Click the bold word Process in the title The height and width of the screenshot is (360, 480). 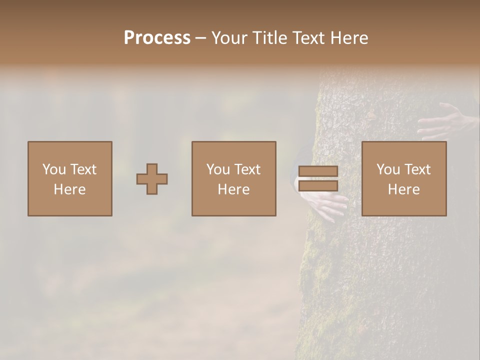(x=157, y=38)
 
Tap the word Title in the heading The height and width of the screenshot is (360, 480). (x=270, y=38)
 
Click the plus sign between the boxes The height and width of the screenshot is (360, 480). (x=152, y=179)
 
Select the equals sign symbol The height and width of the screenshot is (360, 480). (x=318, y=178)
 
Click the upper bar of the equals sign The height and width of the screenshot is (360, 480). (x=318, y=171)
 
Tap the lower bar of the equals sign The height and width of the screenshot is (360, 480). (x=318, y=185)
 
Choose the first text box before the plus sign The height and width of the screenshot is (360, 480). (x=70, y=178)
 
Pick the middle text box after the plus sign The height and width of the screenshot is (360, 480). (x=234, y=178)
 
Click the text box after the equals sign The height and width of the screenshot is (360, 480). (x=404, y=178)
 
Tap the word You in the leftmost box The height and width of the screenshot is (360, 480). (x=53, y=169)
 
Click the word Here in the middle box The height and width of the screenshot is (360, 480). (x=234, y=189)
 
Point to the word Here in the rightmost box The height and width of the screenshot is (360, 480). (x=404, y=189)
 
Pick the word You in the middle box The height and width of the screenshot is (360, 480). (x=217, y=169)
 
